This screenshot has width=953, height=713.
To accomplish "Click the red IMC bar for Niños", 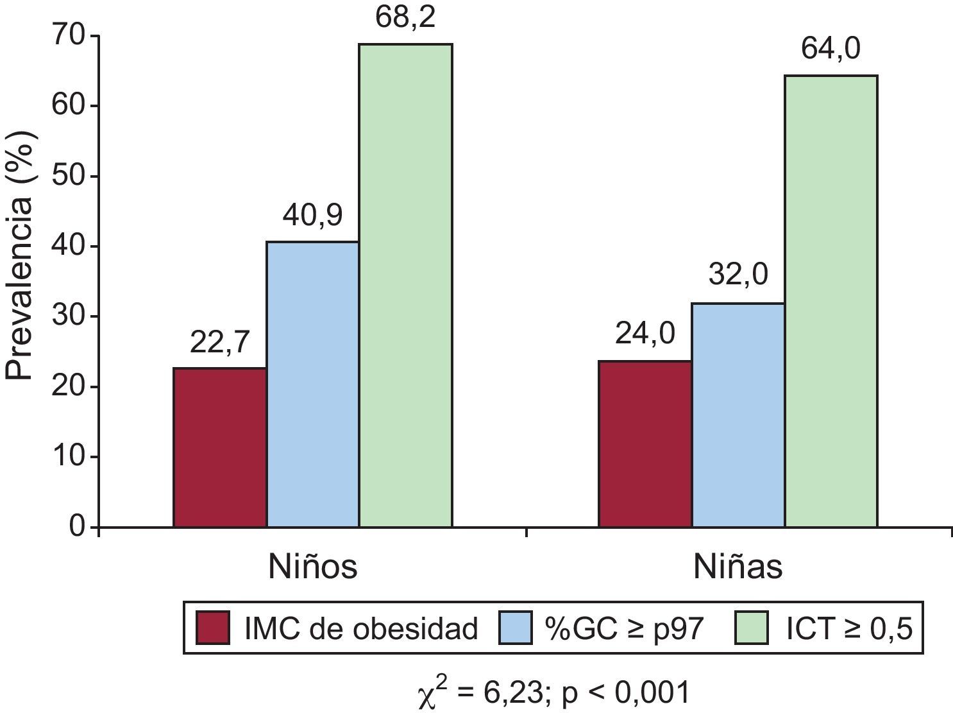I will click(x=220, y=447).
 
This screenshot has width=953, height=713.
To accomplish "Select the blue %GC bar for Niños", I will click(x=313, y=384).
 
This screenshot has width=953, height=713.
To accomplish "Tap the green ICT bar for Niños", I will click(x=405, y=286).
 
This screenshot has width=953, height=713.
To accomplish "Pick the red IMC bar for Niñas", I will click(x=645, y=444).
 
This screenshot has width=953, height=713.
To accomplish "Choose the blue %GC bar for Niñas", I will click(x=738, y=415).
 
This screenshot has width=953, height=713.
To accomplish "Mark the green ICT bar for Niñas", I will click(x=831, y=302).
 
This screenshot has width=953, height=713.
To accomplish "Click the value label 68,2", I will click(x=405, y=18).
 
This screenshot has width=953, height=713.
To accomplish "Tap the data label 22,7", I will click(x=219, y=343).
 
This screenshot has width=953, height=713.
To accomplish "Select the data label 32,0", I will click(x=738, y=277).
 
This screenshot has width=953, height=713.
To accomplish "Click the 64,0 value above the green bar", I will click(x=831, y=49).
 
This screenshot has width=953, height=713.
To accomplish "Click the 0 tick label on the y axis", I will click(x=77, y=527).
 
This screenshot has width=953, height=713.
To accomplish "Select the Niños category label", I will click(x=312, y=567).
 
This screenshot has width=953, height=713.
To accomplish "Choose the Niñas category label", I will click(x=738, y=567).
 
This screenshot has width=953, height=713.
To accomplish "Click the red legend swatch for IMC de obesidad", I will click(x=214, y=628).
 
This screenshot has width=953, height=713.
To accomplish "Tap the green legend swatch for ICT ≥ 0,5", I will click(x=750, y=628).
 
